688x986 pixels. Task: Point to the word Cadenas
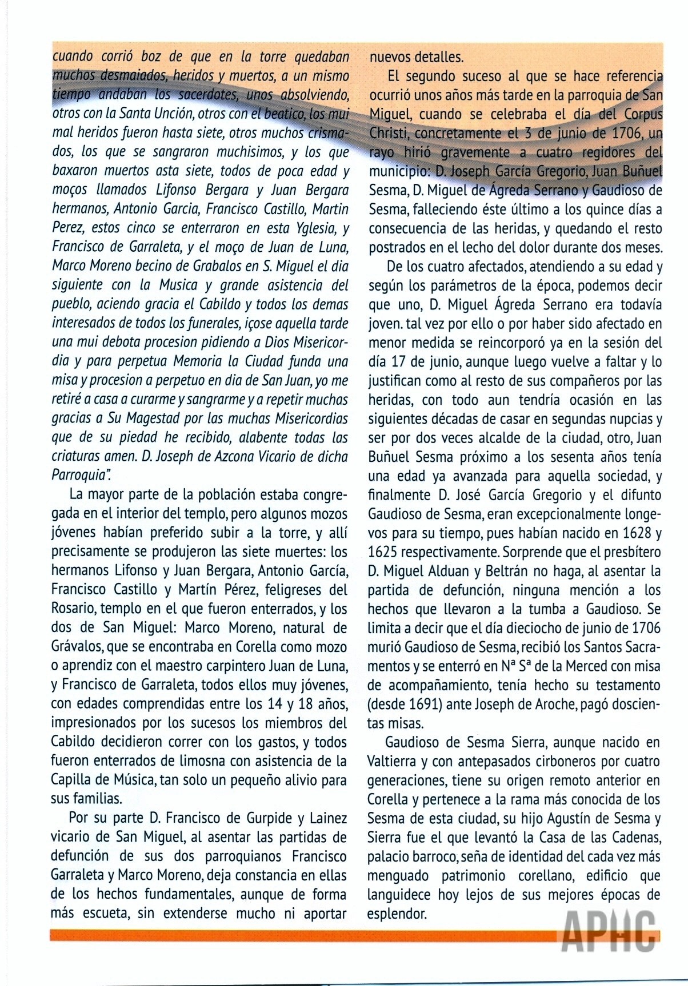click(633, 838)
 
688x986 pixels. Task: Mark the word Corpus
click(642, 114)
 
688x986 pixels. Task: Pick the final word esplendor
click(397, 913)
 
